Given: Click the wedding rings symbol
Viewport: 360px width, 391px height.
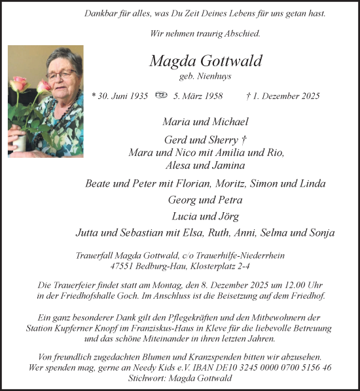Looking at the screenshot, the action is click(161, 96).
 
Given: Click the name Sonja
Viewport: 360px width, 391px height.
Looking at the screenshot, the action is click(321, 233).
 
